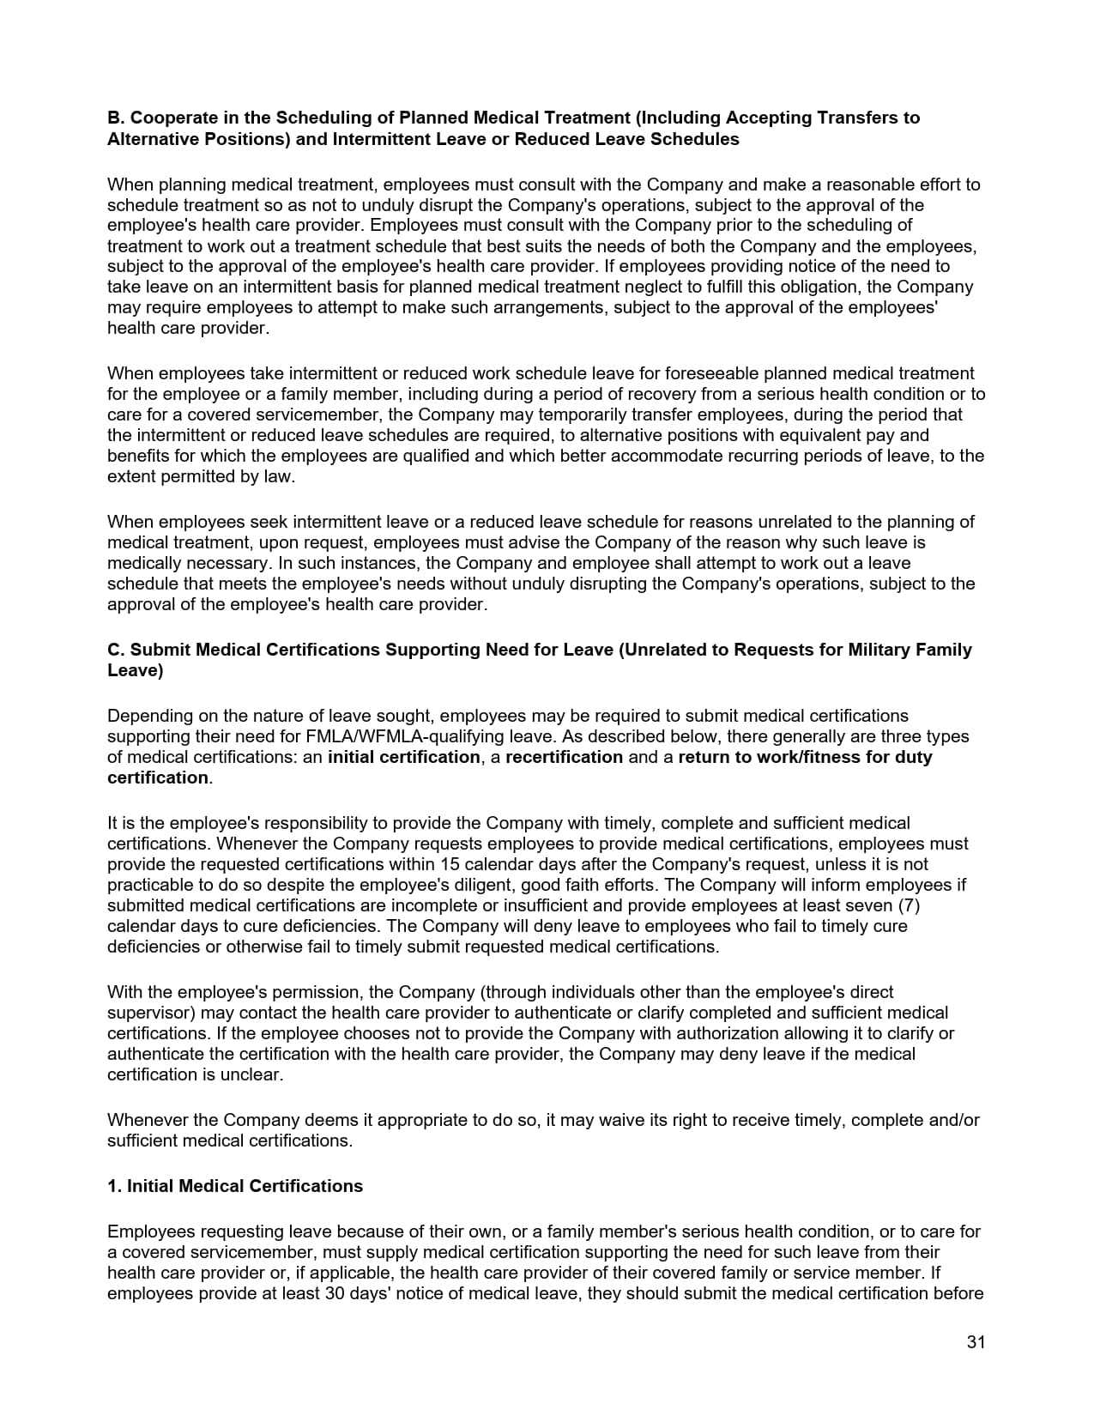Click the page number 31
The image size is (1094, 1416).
(976, 1342)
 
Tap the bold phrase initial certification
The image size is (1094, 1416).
(403, 757)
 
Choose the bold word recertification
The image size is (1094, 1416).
(564, 757)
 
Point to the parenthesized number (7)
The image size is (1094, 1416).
(909, 905)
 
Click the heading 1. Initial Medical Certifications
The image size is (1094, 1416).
(235, 1186)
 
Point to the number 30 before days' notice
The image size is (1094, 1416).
(335, 1293)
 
